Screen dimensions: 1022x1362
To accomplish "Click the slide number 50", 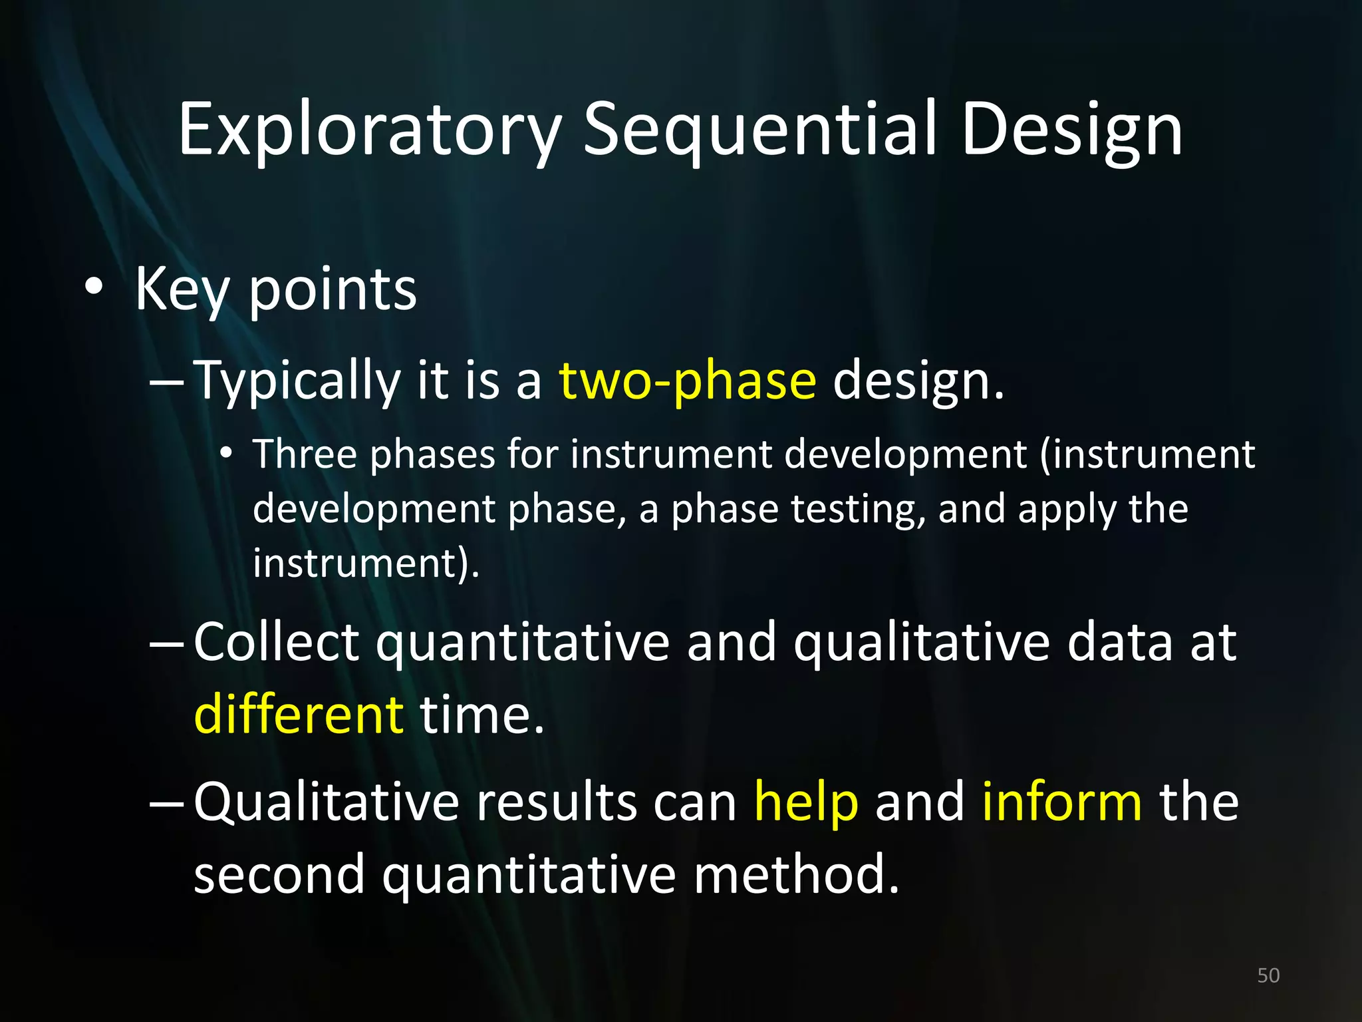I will pyautogui.click(x=1268, y=975).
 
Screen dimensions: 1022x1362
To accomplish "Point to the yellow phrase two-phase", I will pyautogui.click(x=687, y=381).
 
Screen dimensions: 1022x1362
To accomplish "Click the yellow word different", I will pyautogui.click(x=299, y=714).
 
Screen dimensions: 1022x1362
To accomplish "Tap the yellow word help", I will pyautogui.click(x=806, y=802).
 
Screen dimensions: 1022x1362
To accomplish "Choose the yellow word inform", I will pyautogui.click(x=1062, y=802).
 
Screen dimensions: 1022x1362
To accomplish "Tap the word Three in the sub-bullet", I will pyautogui.click(x=305, y=454).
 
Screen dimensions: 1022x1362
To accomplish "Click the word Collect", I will pyautogui.click(x=277, y=642).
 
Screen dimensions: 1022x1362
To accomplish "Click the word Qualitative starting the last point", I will pyautogui.click(x=326, y=803).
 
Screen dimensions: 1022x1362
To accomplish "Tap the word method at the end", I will pyautogui.click(x=796, y=875).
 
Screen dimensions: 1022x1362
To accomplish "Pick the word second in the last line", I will pyautogui.click(x=279, y=875).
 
